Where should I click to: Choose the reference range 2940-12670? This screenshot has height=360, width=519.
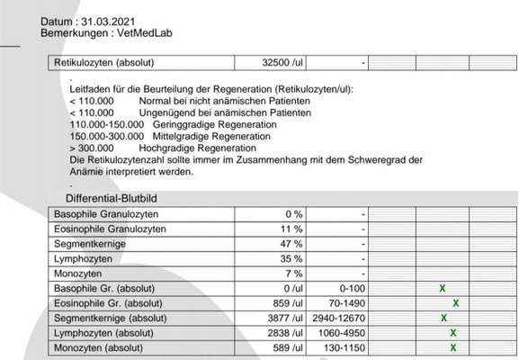click(x=339, y=318)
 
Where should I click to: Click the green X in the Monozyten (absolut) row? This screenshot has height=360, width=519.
click(x=453, y=346)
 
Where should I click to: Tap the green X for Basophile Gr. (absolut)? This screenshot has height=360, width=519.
click(x=442, y=288)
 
